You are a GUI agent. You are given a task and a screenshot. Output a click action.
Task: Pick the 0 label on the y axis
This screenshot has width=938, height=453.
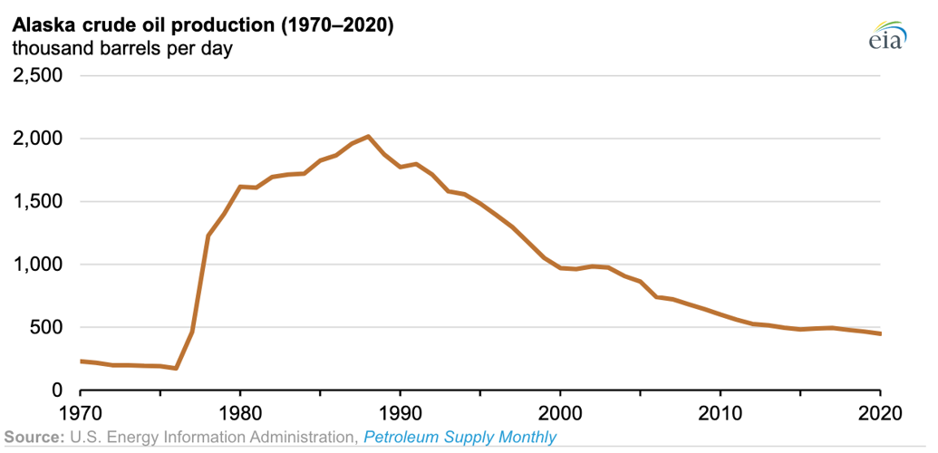[56, 390]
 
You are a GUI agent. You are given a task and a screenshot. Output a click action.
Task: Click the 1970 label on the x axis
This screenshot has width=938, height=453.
[81, 412]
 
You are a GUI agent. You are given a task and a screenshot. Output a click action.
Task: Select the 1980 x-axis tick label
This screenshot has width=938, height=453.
[240, 412]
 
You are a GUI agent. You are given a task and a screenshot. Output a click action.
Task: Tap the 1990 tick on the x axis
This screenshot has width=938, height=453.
[401, 412]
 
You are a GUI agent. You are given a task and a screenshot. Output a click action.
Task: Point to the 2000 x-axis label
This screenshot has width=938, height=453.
[560, 412]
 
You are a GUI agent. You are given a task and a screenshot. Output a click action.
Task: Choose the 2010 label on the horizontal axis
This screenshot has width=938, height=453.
[720, 412]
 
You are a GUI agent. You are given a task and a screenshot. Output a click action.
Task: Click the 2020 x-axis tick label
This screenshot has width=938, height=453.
[879, 412]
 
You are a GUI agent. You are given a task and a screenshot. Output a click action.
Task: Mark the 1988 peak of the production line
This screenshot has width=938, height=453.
[368, 136]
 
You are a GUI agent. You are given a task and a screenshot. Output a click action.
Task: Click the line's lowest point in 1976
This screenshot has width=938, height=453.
[177, 368]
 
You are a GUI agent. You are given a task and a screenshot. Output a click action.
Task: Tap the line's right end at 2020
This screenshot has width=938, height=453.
[880, 333]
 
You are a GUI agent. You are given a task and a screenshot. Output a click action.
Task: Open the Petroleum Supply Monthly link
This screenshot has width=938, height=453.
[459, 438]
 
